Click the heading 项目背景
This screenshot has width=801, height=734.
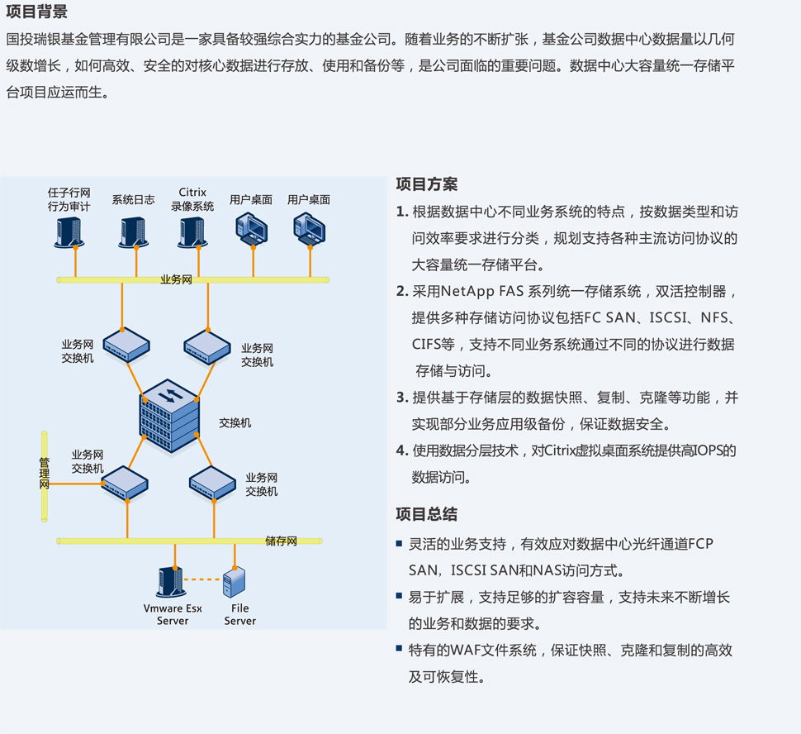(x=37, y=12)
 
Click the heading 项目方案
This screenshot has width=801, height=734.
(x=426, y=184)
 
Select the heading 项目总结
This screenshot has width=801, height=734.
(x=426, y=514)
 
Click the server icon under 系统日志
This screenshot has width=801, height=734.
(x=133, y=231)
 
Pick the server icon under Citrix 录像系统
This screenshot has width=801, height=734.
(x=192, y=231)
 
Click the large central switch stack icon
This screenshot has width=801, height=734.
(x=170, y=417)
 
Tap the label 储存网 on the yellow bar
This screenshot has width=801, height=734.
(x=281, y=541)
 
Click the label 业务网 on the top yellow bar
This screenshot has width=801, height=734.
(x=176, y=280)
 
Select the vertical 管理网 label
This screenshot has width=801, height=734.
(x=45, y=474)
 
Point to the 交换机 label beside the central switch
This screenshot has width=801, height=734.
(x=235, y=423)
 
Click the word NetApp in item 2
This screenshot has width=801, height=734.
(x=468, y=292)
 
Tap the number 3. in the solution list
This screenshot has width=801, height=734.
(x=402, y=398)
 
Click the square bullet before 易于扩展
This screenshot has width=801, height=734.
(x=400, y=596)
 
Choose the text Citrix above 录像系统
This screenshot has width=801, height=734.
(x=192, y=193)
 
